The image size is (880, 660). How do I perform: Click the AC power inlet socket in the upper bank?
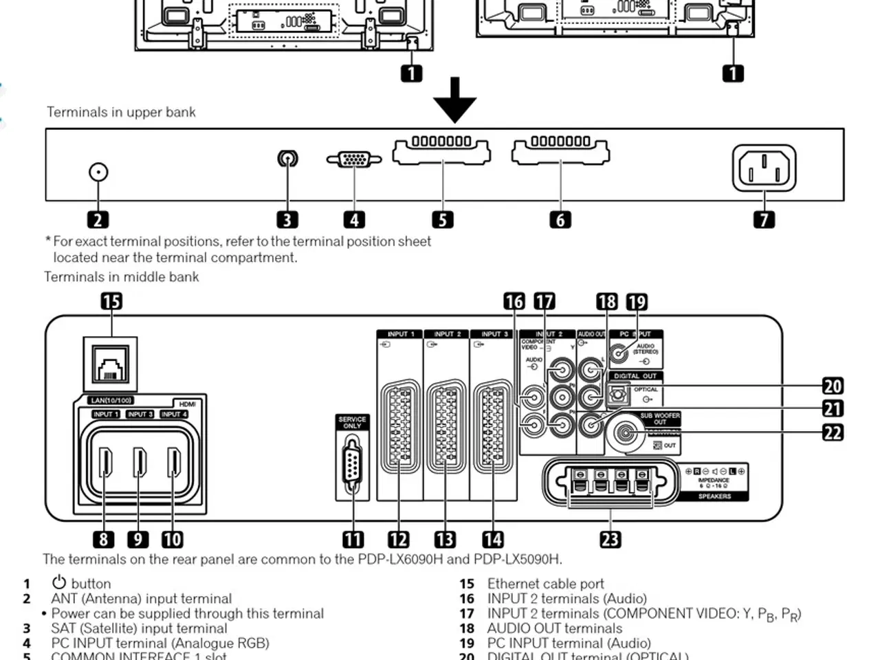764,168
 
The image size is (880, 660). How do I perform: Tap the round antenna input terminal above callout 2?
99,172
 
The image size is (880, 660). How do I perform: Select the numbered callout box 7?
764,219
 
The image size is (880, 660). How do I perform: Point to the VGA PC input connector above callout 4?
354,159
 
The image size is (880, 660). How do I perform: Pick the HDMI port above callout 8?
105,462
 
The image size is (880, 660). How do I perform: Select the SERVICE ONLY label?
352,422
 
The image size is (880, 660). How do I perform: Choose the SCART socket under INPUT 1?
399,426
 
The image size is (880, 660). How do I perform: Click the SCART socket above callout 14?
493,426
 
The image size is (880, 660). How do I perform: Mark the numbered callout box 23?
610,539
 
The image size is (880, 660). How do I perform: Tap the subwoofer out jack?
625,433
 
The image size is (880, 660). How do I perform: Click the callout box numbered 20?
833,386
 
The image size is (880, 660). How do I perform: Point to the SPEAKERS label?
714,496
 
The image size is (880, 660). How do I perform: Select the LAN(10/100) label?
111,400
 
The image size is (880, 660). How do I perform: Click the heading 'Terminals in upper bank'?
121,112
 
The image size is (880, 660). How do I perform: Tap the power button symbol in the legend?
59,583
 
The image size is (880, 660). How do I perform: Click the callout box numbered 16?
514,301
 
